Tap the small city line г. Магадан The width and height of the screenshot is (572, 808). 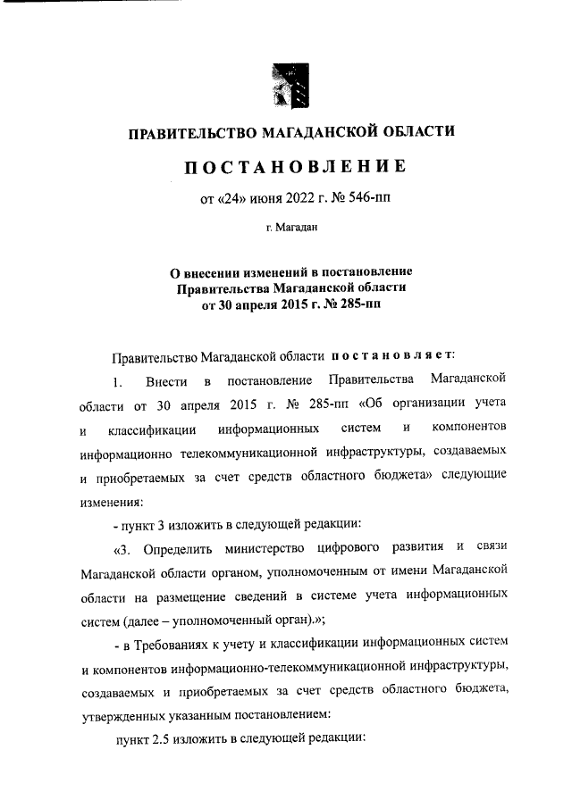click(x=286, y=229)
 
